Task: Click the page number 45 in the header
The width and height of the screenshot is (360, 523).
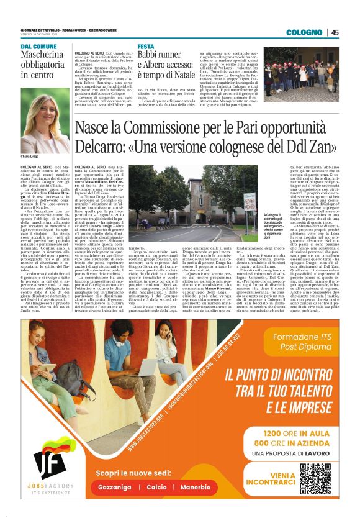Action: (x=335, y=33)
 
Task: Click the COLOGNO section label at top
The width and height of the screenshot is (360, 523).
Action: (x=305, y=33)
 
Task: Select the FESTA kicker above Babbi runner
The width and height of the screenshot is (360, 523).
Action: (x=146, y=47)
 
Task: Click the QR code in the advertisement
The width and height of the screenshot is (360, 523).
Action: (x=315, y=478)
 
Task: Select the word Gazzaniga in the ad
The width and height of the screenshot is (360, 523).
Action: (x=115, y=488)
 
